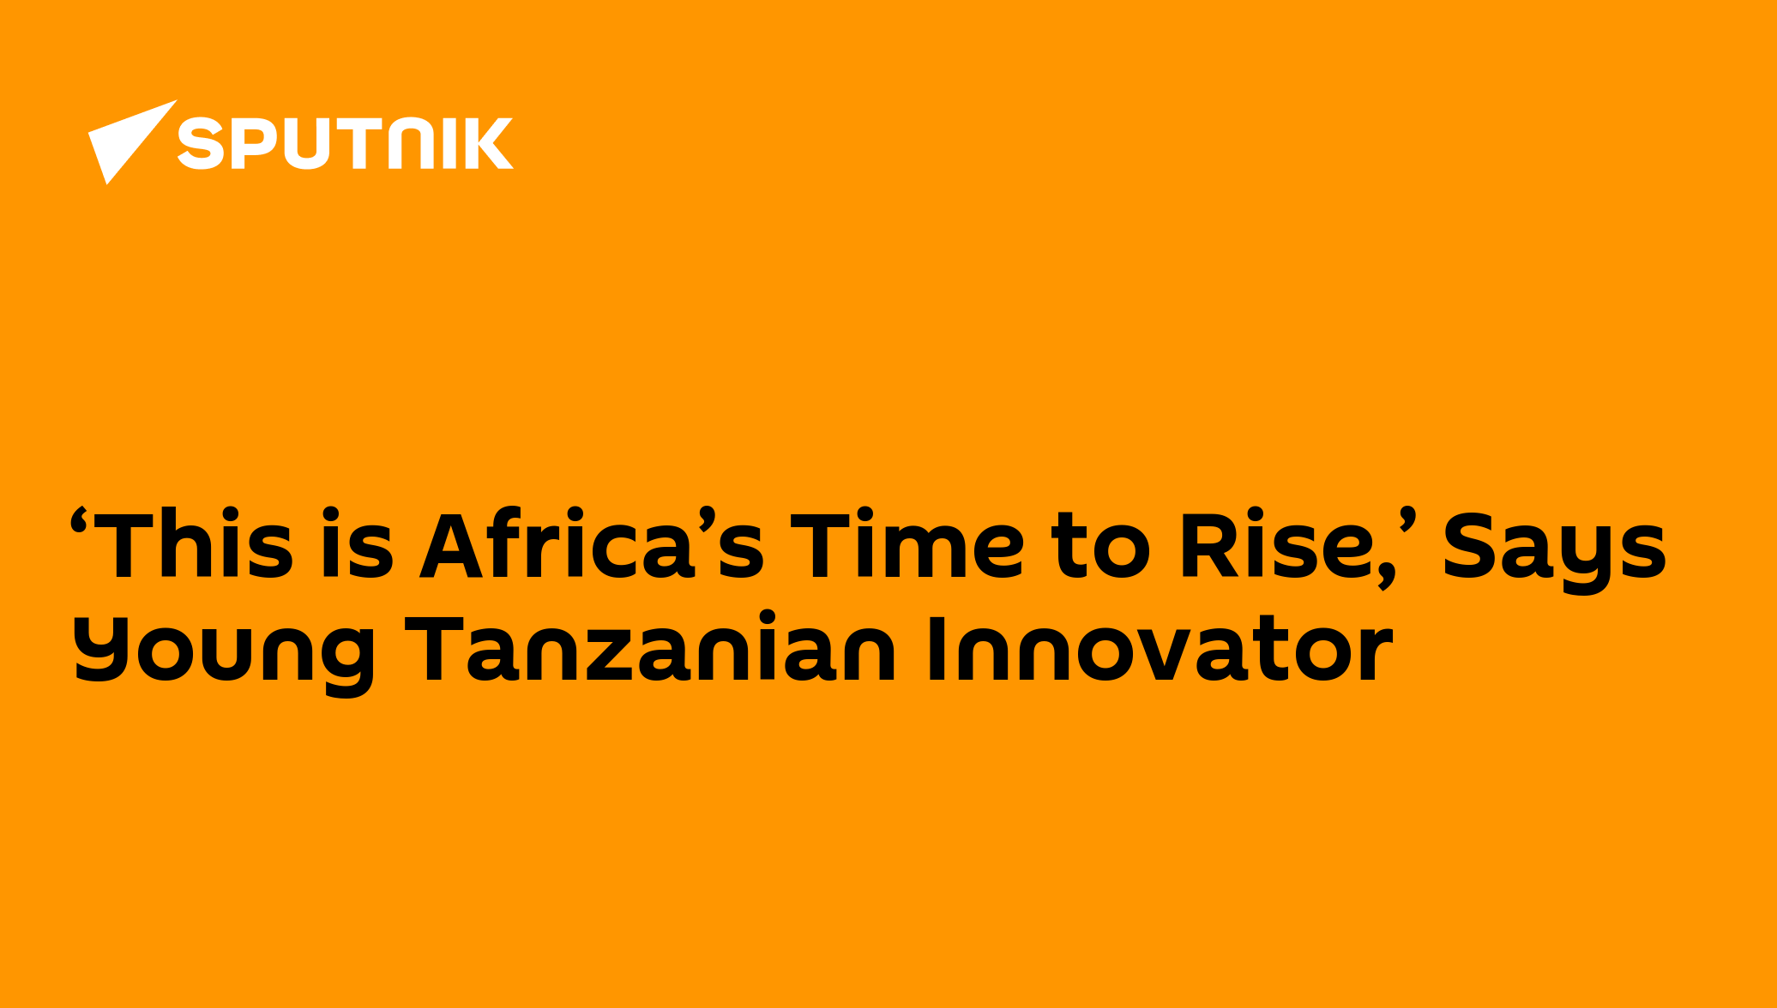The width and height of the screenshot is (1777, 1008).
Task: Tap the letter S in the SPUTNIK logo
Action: tap(201, 143)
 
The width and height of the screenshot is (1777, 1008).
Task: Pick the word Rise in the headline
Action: tap(1278, 543)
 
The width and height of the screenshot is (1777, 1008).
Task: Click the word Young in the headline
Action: tap(224, 655)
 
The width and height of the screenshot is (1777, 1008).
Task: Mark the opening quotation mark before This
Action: tap(80, 519)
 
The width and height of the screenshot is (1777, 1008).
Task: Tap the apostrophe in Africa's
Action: tap(707, 519)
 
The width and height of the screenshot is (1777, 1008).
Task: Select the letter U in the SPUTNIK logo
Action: tap(306, 143)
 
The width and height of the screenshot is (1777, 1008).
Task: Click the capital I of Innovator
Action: tap(937, 649)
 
